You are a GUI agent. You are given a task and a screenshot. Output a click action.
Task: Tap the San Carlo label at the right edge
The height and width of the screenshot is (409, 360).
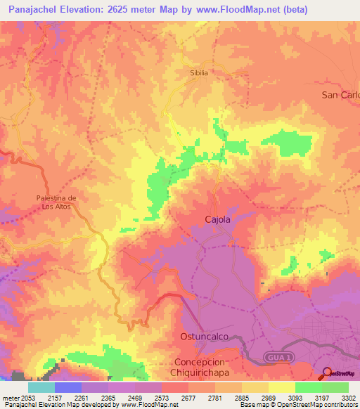point(340,95)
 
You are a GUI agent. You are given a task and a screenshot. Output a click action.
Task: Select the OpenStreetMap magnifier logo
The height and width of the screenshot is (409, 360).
point(327,373)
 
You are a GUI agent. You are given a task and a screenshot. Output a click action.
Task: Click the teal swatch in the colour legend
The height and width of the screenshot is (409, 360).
point(41,387)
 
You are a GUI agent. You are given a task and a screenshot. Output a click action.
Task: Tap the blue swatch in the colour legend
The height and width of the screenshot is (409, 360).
point(68,387)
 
